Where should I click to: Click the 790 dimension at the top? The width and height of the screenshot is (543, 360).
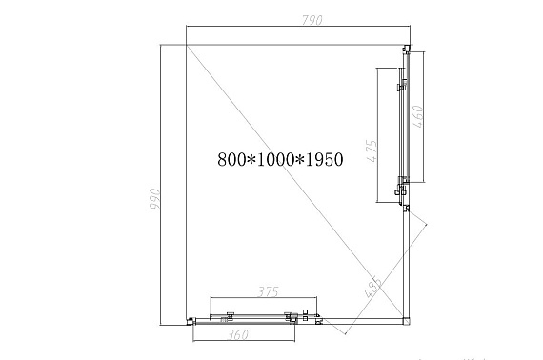(x=312, y=20)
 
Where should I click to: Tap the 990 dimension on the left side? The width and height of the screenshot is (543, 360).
(x=154, y=199)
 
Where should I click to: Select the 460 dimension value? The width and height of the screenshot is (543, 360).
(x=418, y=116)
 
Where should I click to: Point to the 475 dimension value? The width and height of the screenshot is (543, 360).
(x=372, y=150)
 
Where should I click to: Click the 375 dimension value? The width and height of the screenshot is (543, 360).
(x=269, y=291)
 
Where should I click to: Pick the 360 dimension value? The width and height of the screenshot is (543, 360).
(x=238, y=334)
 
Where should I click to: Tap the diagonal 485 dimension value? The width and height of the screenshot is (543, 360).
(x=374, y=287)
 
